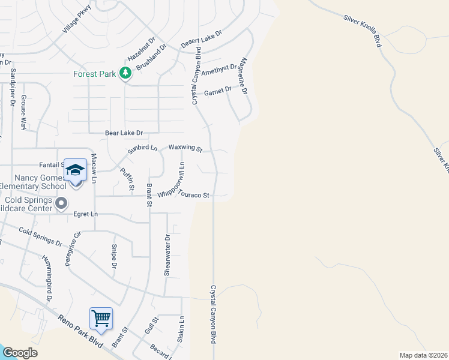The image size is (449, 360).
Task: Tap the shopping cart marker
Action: [x=101, y=317]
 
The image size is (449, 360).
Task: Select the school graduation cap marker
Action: [x=76, y=170]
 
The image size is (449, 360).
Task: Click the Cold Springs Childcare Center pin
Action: [x=61, y=205]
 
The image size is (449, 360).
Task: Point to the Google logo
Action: [x=20, y=353]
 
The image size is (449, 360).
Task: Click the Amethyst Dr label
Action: [x=219, y=70]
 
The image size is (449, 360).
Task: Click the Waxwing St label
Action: [x=185, y=147]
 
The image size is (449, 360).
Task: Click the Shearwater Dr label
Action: [x=168, y=255]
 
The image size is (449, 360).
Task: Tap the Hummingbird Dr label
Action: [x=47, y=278]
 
